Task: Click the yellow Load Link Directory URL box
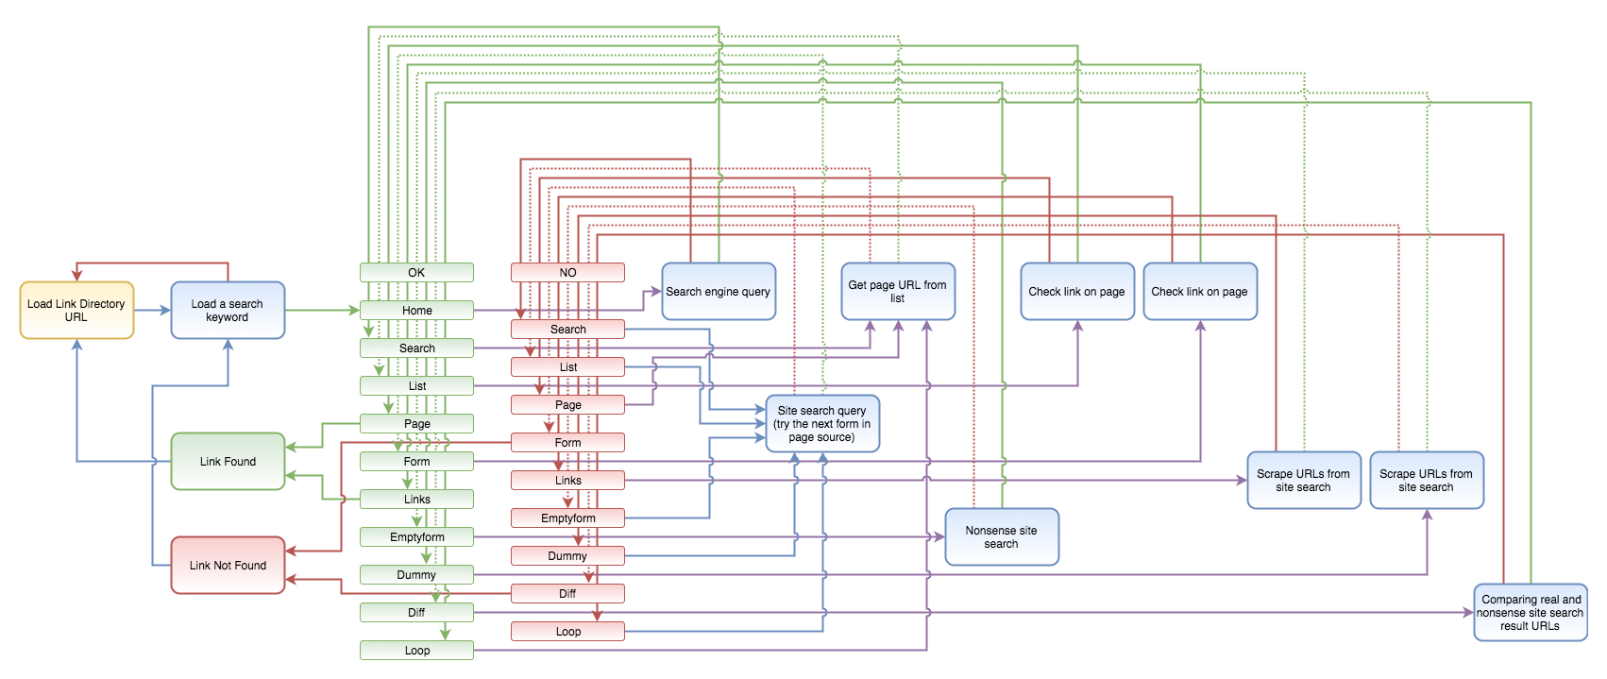76,310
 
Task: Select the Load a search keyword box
228,310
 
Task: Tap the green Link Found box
228,462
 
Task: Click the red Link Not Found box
228,566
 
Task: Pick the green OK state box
416,273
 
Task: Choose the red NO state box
567,273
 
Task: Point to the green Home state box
416,310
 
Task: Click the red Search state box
567,330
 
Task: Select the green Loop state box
416,651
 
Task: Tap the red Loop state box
567,632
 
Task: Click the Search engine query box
719,292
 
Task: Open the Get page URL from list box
898,292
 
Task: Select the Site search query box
822,423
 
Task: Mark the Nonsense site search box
1002,537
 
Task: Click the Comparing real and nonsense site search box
1531,612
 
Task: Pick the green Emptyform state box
416,537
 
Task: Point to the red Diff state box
567,594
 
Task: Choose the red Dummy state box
567,555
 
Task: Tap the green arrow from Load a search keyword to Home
322,310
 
